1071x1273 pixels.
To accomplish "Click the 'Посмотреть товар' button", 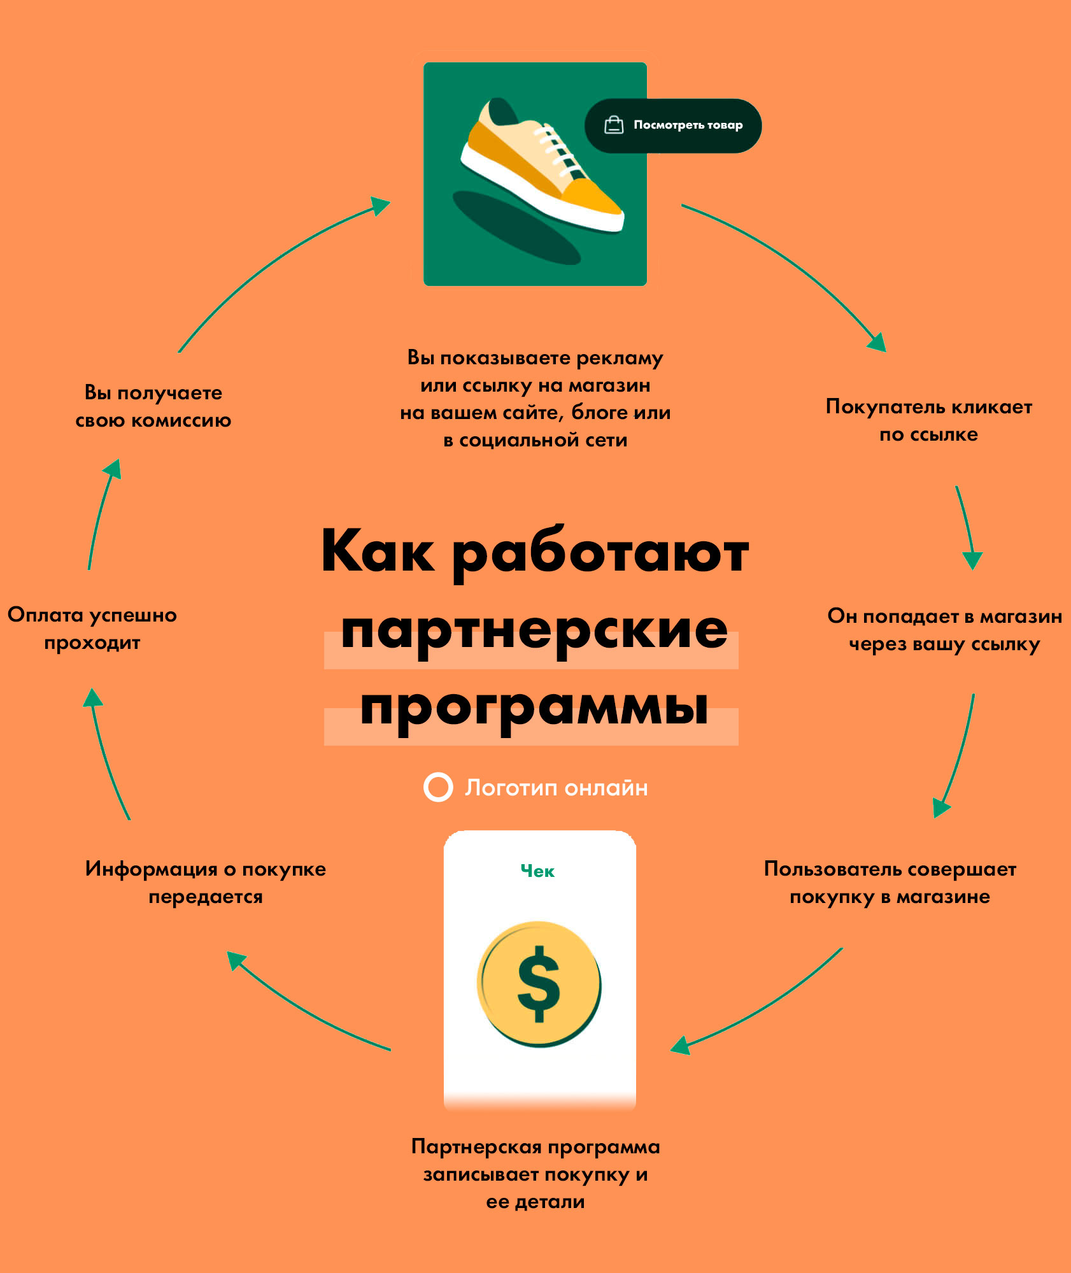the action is click(673, 125).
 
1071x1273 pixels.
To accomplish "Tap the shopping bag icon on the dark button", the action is click(614, 125).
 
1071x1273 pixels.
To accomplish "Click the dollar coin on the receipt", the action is click(539, 984).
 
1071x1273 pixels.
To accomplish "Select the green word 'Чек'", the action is click(537, 871).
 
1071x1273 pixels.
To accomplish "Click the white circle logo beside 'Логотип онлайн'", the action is click(438, 787).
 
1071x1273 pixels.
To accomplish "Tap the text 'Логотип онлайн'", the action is click(556, 788).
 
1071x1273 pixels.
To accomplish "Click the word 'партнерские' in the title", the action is click(534, 630).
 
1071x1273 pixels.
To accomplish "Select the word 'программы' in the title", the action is click(534, 708).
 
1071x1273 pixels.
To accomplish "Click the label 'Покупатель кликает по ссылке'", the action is click(929, 420).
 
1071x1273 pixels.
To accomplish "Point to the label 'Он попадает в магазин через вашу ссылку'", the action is click(945, 630).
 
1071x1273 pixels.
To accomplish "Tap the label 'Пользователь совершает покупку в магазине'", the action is click(890, 883).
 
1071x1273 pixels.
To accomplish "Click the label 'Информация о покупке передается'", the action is click(206, 883).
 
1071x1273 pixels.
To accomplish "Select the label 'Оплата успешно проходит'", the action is click(92, 629).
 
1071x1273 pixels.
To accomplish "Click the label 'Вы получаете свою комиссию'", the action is click(153, 406).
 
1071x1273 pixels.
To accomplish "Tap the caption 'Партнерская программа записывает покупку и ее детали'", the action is click(535, 1174).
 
